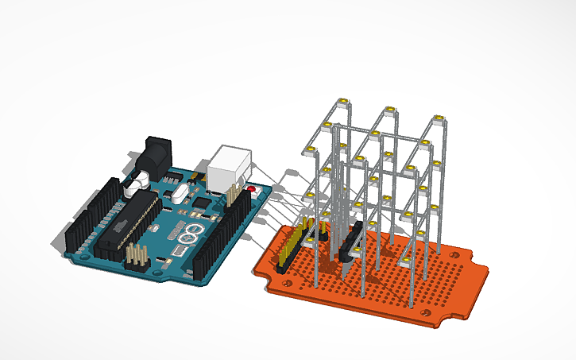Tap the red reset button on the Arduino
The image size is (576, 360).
point(253,189)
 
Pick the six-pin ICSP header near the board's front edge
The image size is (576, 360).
point(137,256)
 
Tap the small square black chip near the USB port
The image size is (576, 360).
point(202,203)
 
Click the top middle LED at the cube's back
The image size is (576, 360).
point(389,110)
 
